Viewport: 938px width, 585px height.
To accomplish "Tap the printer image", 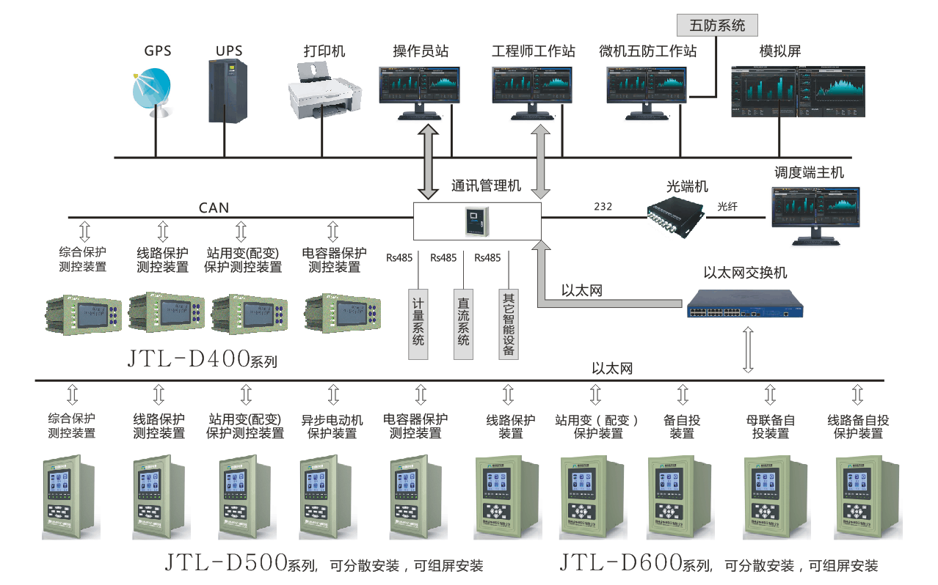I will [x=324, y=92].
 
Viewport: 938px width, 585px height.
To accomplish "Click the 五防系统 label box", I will [x=717, y=26].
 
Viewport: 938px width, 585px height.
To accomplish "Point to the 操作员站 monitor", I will [x=419, y=91].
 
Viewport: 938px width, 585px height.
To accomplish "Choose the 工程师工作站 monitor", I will [x=531, y=91].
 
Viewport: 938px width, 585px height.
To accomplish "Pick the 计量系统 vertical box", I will [x=418, y=323].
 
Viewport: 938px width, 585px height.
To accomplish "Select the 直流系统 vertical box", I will [x=463, y=323].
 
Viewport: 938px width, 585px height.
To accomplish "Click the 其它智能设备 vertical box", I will [x=508, y=323].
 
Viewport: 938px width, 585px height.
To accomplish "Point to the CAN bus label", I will [x=214, y=207].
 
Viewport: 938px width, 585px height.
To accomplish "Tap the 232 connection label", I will [x=603, y=207].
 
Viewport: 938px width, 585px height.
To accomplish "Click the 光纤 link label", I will [x=727, y=207].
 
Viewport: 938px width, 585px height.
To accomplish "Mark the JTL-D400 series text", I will [x=203, y=359].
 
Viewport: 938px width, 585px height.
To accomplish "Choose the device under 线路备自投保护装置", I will [x=860, y=497].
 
